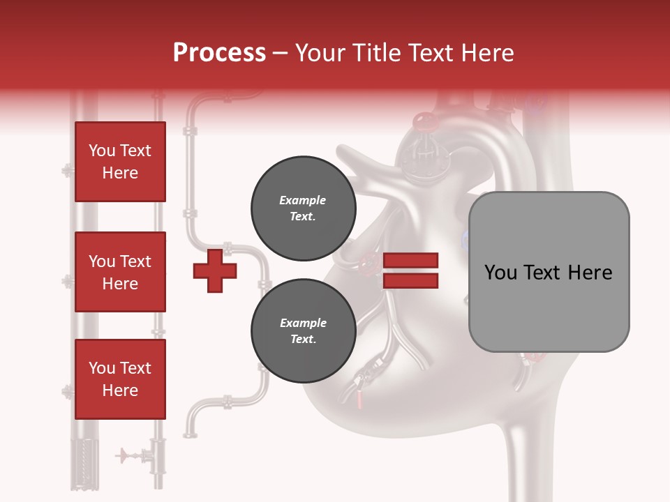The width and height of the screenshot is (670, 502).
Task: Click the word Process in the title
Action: tap(219, 52)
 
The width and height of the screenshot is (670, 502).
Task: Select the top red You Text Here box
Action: tap(120, 162)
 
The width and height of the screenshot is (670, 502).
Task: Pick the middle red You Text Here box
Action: tap(120, 272)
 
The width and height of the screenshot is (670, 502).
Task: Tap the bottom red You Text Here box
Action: tap(120, 379)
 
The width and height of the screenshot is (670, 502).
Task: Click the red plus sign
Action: tap(215, 271)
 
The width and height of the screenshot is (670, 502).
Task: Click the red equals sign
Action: tap(411, 271)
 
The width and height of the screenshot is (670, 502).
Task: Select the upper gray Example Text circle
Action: tap(303, 208)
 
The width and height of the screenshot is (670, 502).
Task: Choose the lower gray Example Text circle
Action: tap(303, 331)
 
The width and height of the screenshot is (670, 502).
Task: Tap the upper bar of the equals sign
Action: tap(411, 261)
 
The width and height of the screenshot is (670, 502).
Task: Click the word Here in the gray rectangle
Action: tap(590, 273)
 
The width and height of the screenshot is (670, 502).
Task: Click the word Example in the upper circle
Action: tap(303, 200)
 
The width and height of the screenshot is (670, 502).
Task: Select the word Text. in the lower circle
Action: tap(303, 340)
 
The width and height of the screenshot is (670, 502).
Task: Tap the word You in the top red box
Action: tap(102, 151)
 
